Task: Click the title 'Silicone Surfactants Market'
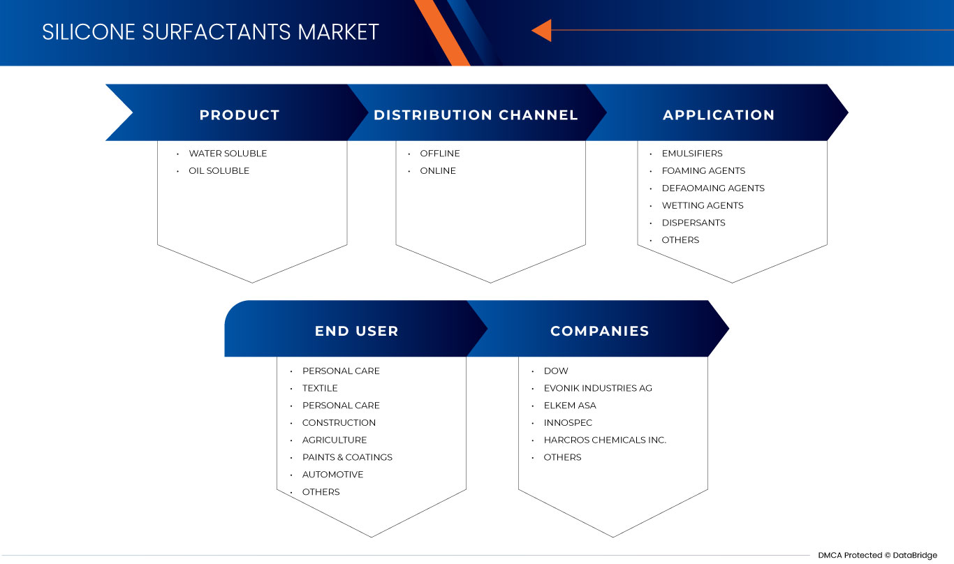[210, 32]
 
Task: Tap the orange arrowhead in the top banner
[542, 30]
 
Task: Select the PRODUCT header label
[240, 115]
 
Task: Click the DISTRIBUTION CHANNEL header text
[476, 115]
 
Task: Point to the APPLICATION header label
[719, 115]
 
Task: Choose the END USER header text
[356, 331]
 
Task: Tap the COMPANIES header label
[600, 331]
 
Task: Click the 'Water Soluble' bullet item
[228, 154]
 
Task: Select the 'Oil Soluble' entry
[219, 171]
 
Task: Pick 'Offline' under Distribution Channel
[440, 154]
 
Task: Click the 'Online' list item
[438, 171]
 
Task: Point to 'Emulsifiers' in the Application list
[692, 154]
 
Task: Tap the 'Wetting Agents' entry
[703, 206]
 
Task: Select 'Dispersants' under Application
[694, 223]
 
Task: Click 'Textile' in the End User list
[320, 388]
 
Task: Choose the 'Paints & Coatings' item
[347, 457]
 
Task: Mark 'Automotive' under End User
[332, 475]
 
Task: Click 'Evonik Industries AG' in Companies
[598, 388]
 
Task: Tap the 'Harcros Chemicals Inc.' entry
[605, 440]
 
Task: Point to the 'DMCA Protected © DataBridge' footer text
[877, 555]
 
